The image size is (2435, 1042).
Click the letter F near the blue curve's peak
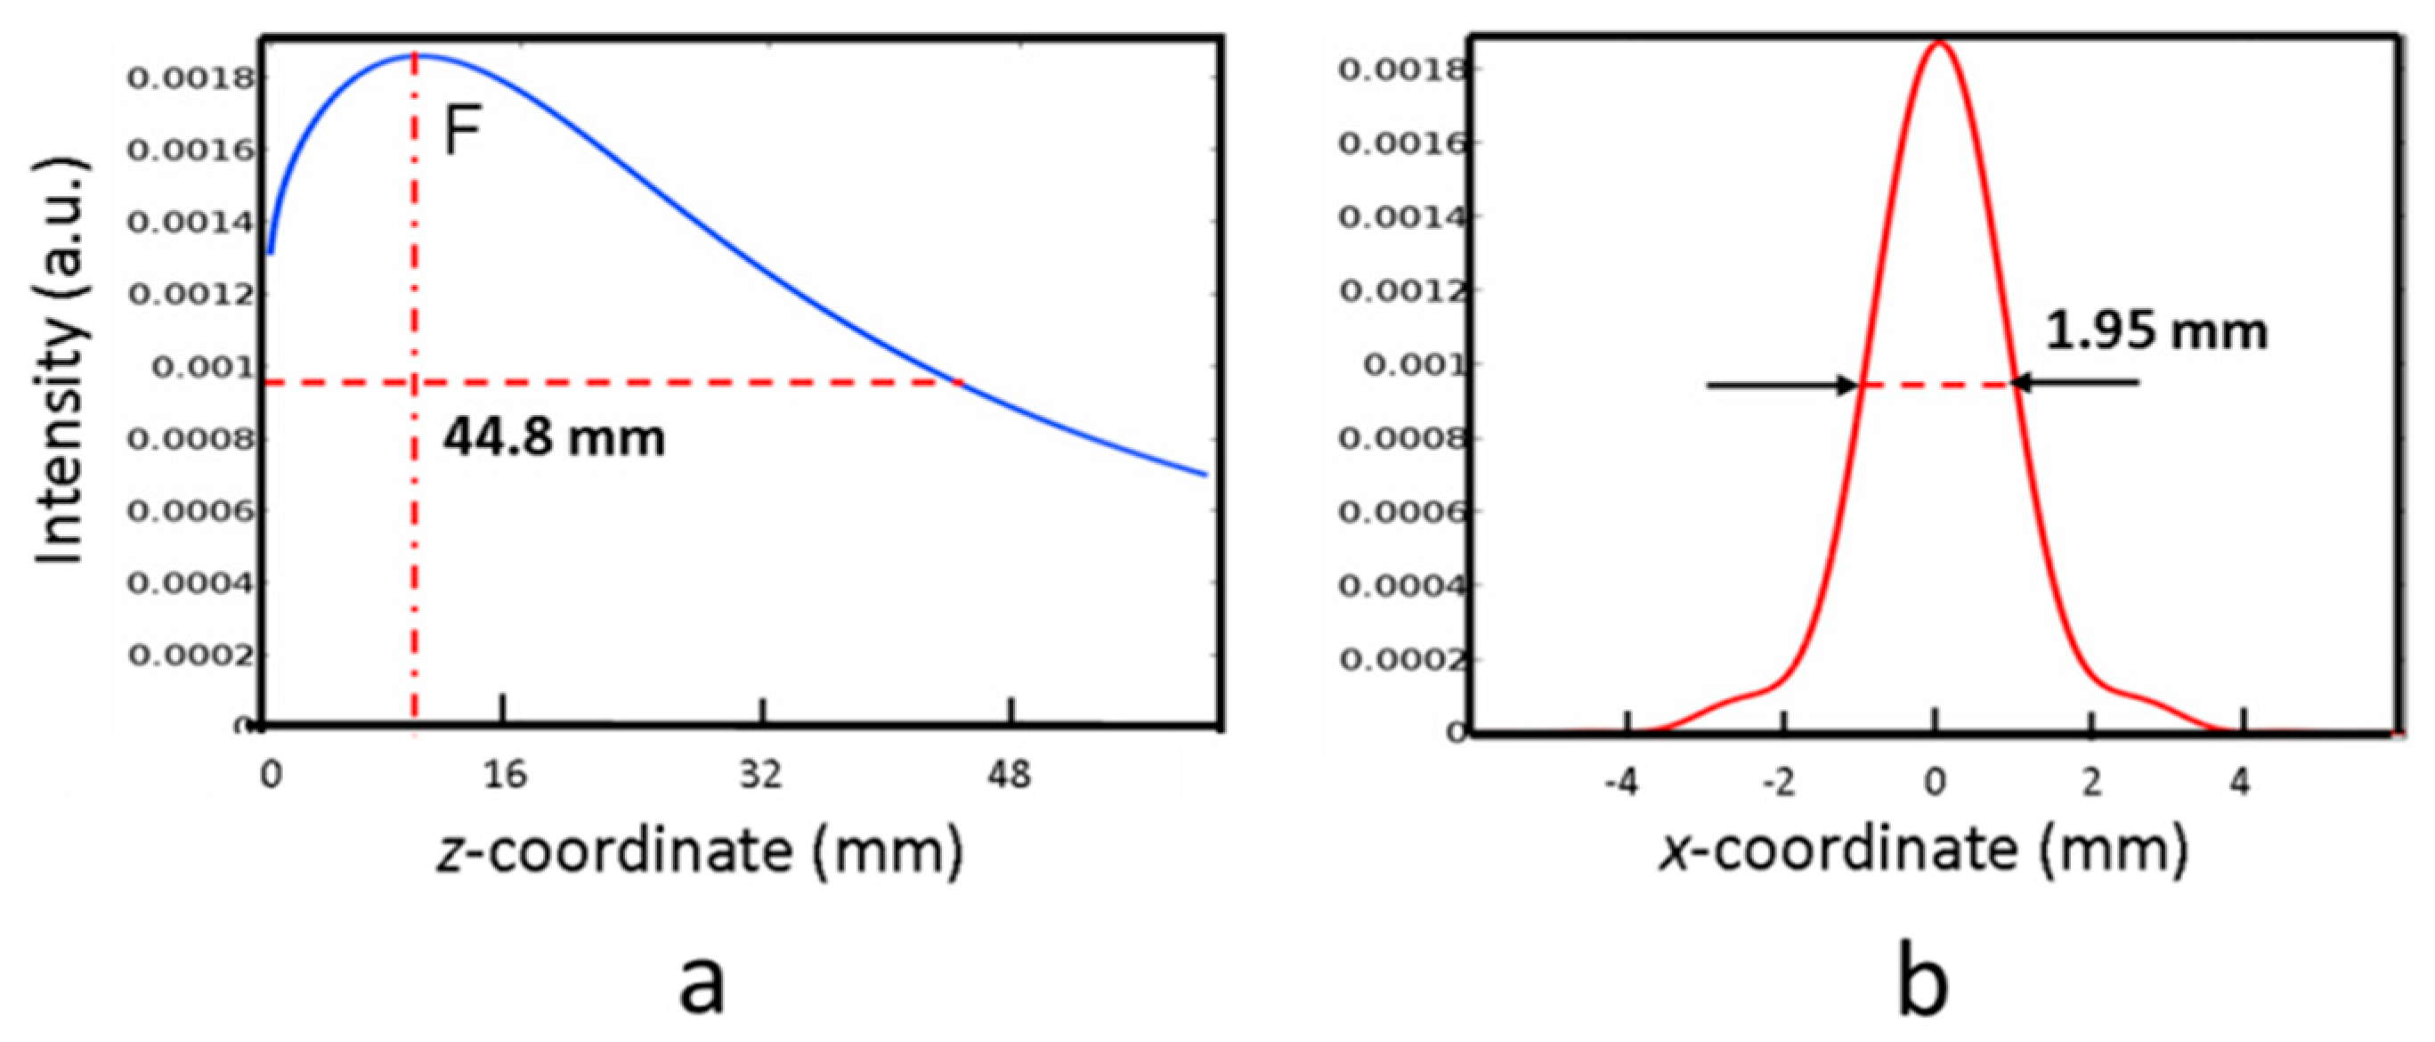click(462, 131)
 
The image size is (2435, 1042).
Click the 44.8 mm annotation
click(554, 439)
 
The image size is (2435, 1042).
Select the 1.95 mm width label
click(2156, 332)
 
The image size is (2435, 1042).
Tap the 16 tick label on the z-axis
click(505, 777)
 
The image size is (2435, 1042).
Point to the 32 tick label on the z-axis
click(761, 777)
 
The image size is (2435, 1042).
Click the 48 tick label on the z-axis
click(1010, 777)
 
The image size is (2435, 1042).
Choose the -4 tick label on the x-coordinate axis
click(1622, 784)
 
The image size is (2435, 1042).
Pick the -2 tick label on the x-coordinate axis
click(1779, 784)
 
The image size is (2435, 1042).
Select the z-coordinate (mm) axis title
click(701, 850)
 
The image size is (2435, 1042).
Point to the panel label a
click(702, 983)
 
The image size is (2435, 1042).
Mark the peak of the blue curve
click(416, 56)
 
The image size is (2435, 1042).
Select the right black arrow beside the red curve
click(2074, 383)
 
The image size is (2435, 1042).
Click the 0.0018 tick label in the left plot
click(191, 78)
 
